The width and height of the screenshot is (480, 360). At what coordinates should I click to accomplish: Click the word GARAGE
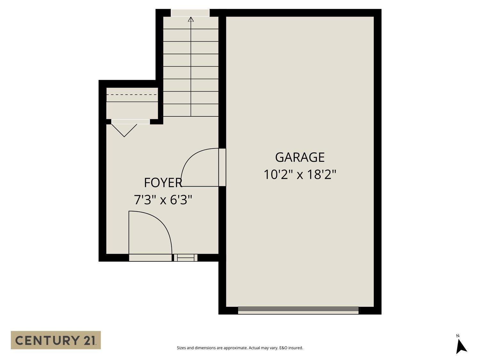(x=300, y=157)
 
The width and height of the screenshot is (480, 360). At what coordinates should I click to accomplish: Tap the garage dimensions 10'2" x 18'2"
(x=300, y=175)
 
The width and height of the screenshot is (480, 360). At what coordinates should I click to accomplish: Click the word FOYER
(x=163, y=183)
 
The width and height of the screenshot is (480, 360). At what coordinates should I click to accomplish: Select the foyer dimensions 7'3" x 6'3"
(x=163, y=200)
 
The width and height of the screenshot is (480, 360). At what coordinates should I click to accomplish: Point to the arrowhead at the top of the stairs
(x=191, y=19)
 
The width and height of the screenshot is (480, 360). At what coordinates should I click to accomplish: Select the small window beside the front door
(x=186, y=258)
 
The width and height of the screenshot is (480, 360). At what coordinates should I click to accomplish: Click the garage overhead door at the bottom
(x=298, y=310)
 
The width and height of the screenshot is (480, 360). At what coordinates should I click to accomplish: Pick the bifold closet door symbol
(x=124, y=129)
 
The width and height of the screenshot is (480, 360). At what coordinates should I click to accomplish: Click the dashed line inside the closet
(x=132, y=95)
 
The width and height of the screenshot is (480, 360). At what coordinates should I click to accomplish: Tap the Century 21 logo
(x=56, y=340)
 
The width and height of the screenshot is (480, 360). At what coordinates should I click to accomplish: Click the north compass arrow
(x=461, y=347)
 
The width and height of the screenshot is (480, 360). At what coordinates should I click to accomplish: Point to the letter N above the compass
(x=458, y=336)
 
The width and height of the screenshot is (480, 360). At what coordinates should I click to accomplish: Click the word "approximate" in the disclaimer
(x=235, y=348)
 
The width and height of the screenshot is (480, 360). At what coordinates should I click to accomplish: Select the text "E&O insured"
(x=291, y=348)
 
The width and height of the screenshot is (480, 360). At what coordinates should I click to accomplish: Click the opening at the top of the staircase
(x=190, y=13)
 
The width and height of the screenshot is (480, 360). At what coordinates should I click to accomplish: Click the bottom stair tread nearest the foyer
(x=191, y=110)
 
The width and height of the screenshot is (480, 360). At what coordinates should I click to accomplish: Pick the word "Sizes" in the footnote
(x=181, y=348)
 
